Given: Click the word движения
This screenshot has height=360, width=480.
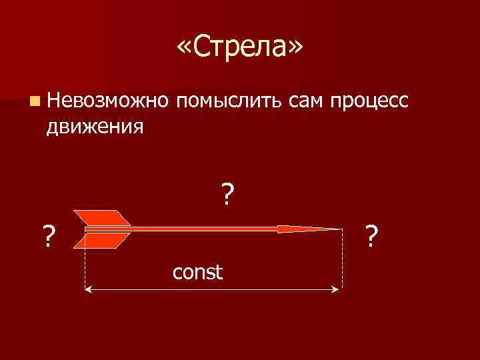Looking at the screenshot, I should pos(95,125).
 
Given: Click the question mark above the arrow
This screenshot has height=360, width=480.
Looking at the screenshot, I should pos(228,195).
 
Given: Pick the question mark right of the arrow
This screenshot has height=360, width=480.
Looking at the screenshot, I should pos(373,235).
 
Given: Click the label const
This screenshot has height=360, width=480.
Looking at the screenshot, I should pos(197,272).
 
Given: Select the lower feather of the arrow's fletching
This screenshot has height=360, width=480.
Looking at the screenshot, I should pos(103,241).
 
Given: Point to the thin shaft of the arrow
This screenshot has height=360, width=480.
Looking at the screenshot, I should pos(200,229).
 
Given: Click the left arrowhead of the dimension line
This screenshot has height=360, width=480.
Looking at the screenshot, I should pos(89,289).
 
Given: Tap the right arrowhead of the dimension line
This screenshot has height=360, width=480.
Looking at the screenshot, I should pos(337,289).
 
